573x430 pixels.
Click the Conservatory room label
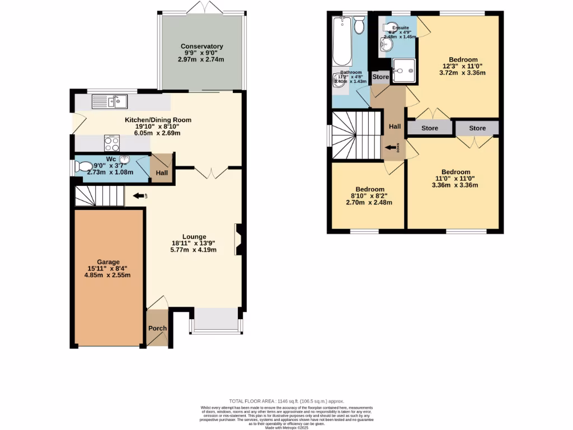click(x=201, y=46)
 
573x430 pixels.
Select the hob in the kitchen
click(x=112, y=143)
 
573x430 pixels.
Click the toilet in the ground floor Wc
click(x=85, y=166)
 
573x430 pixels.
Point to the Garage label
click(x=107, y=261)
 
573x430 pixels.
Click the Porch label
click(x=157, y=329)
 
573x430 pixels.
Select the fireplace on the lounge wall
click(x=238, y=239)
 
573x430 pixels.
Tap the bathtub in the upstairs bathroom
click(x=341, y=42)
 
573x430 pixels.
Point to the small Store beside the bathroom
click(x=381, y=77)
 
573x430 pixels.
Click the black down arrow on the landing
click(x=390, y=147)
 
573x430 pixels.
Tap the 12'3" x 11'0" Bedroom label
click(x=463, y=59)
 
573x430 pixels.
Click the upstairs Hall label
click(x=395, y=127)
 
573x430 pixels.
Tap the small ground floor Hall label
click(x=162, y=174)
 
